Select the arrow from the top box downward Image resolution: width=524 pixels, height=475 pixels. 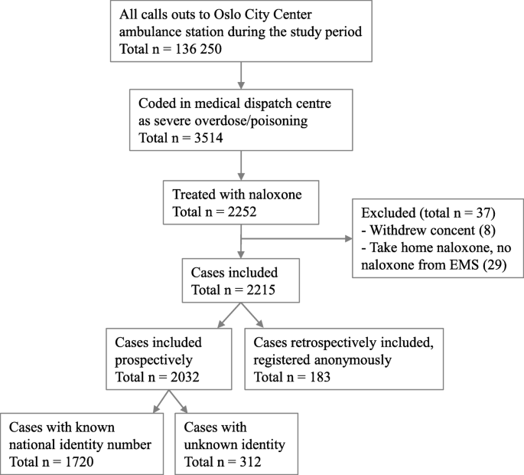(x=242, y=71)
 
